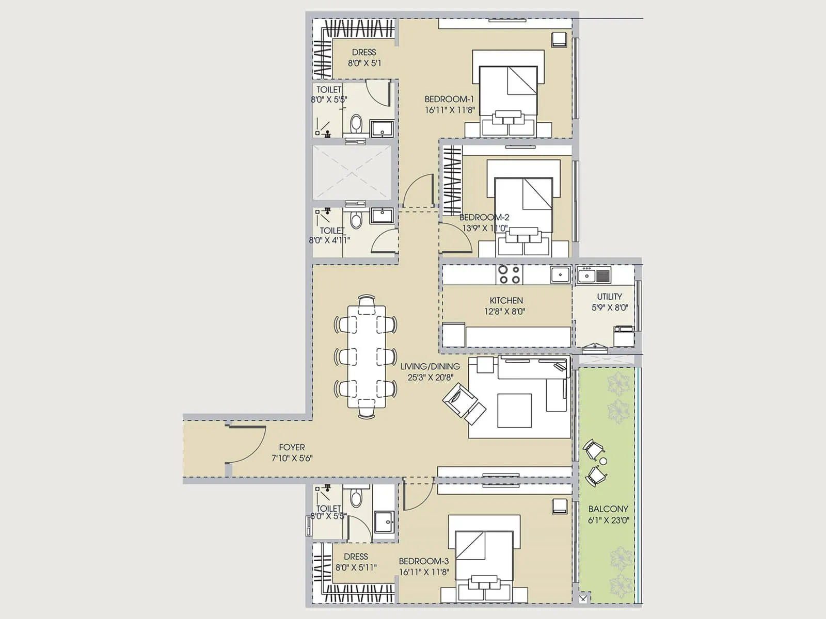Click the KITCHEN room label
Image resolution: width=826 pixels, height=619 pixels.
pos(506,300)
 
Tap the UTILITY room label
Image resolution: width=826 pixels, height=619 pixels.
pos(609,297)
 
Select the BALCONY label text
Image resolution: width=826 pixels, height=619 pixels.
pos(608,509)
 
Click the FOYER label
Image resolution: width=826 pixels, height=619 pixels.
pos(292,447)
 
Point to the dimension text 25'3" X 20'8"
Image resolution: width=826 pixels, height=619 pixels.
pos(430,378)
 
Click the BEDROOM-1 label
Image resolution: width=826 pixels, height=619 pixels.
pos(449,99)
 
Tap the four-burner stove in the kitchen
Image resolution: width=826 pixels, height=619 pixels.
pos(509,274)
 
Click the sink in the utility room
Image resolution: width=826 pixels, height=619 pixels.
pos(586,275)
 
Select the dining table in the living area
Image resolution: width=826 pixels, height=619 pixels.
pos(366,356)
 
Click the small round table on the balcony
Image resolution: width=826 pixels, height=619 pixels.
pos(603,461)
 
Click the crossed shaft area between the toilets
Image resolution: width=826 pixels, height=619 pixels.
pos(352,172)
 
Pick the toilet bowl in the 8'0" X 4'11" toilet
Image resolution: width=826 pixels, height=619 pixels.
pos(356,220)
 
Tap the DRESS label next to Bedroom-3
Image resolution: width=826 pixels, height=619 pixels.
pos(356,557)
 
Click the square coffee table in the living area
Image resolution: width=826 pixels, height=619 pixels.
pos(514,411)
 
